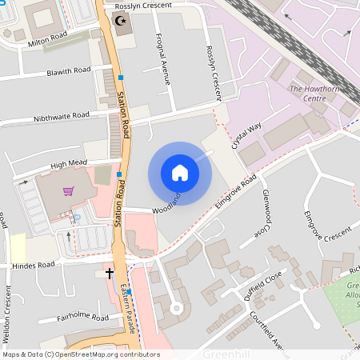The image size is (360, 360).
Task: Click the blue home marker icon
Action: click(x=180, y=173)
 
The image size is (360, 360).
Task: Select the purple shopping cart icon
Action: click(x=69, y=191)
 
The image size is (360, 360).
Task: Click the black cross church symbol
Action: click(x=110, y=274)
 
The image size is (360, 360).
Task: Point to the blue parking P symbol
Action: click(x=77, y=217)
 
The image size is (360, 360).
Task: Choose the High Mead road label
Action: click(x=68, y=164)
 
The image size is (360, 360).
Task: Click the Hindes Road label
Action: click(x=34, y=265)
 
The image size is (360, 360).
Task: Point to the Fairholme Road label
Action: click(x=83, y=318)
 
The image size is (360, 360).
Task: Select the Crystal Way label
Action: click(x=246, y=137)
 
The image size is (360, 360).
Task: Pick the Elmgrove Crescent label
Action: click(x=327, y=231)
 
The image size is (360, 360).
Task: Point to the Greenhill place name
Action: click(x=226, y=353)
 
